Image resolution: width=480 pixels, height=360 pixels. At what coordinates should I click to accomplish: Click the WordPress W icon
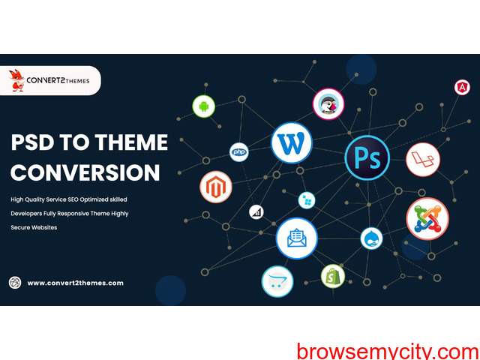click(292, 143)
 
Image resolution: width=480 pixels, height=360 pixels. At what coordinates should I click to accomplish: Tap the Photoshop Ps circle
click(367, 158)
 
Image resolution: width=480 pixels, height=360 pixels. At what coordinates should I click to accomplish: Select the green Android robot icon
click(203, 106)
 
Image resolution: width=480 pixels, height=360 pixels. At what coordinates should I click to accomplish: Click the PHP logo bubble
click(239, 152)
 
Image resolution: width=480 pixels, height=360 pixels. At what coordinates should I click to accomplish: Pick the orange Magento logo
click(216, 187)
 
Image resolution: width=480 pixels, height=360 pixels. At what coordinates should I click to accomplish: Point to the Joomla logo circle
click(427, 219)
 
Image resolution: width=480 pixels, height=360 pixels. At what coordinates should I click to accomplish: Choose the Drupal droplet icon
click(371, 238)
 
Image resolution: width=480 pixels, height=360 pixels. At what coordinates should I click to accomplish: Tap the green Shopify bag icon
click(333, 276)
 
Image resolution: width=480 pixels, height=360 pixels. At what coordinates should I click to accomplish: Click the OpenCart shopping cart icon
click(277, 282)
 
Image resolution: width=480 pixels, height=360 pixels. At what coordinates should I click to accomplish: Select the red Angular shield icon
click(462, 88)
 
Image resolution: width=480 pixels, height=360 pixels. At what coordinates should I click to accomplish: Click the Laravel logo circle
click(423, 160)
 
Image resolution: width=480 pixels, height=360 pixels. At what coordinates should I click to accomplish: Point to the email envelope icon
click(297, 238)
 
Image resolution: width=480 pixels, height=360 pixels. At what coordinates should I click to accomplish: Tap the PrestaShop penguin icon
click(328, 104)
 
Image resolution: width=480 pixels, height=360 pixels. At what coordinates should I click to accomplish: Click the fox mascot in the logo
click(16, 80)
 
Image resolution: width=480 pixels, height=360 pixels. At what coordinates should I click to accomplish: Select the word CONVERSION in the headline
click(85, 172)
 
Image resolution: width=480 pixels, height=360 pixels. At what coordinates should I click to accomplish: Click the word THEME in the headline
click(131, 142)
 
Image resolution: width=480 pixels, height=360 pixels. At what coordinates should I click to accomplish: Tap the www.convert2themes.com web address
click(75, 283)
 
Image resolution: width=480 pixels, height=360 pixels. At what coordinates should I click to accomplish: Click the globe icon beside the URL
click(15, 283)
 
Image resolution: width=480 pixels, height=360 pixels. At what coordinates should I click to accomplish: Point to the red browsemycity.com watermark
click(388, 352)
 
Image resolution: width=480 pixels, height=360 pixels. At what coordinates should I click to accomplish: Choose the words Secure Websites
click(34, 227)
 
